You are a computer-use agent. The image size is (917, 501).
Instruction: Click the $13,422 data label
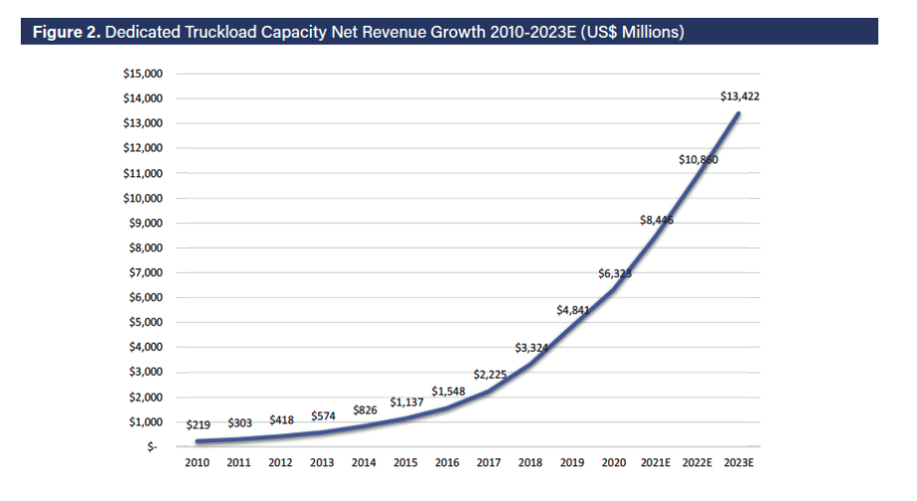(740, 97)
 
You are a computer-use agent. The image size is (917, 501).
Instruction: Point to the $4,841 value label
(573, 310)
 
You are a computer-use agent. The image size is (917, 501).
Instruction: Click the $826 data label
(365, 409)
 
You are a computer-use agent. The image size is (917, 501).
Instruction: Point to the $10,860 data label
(699, 159)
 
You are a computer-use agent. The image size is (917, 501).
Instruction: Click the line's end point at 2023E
(739, 113)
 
